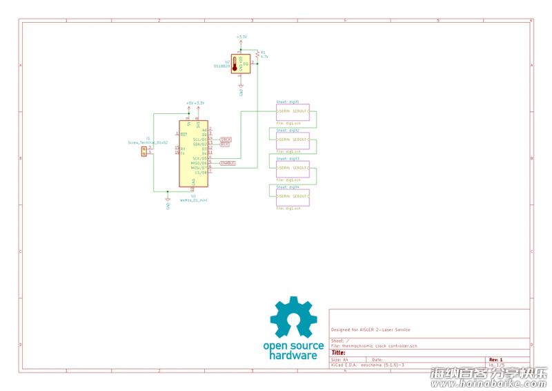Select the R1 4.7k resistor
point(257,54)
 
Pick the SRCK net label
point(225,140)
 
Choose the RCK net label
point(224,144)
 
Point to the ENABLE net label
point(227,163)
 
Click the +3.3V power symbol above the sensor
point(241,37)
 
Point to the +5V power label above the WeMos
point(189,103)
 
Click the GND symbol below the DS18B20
point(241,90)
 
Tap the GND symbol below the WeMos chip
point(168,205)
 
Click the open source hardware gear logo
point(293,319)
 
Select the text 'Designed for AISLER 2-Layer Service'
point(370,330)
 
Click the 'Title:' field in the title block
point(339,352)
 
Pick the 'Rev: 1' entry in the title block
point(495,359)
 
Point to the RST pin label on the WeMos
point(184,134)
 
